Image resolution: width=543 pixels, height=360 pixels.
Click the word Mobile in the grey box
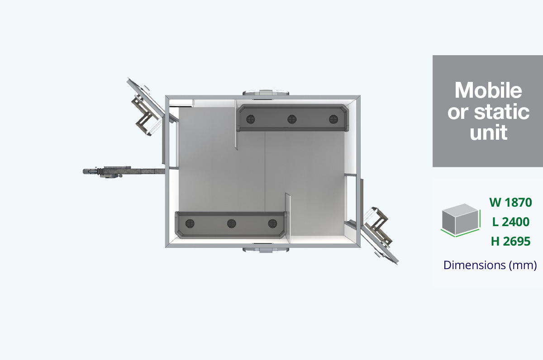click(488, 90)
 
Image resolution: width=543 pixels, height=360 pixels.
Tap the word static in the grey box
click(501, 111)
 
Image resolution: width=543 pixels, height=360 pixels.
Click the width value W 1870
click(510, 202)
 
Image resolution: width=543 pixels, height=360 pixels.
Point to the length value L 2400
click(511, 222)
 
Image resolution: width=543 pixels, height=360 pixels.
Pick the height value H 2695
click(511, 242)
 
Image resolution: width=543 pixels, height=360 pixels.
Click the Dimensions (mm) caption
click(490, 265)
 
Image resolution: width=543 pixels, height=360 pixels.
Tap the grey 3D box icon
click(460, 220)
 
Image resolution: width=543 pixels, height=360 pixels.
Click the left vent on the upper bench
click(250, 119)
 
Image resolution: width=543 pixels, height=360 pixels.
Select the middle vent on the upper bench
click(292, 119)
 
